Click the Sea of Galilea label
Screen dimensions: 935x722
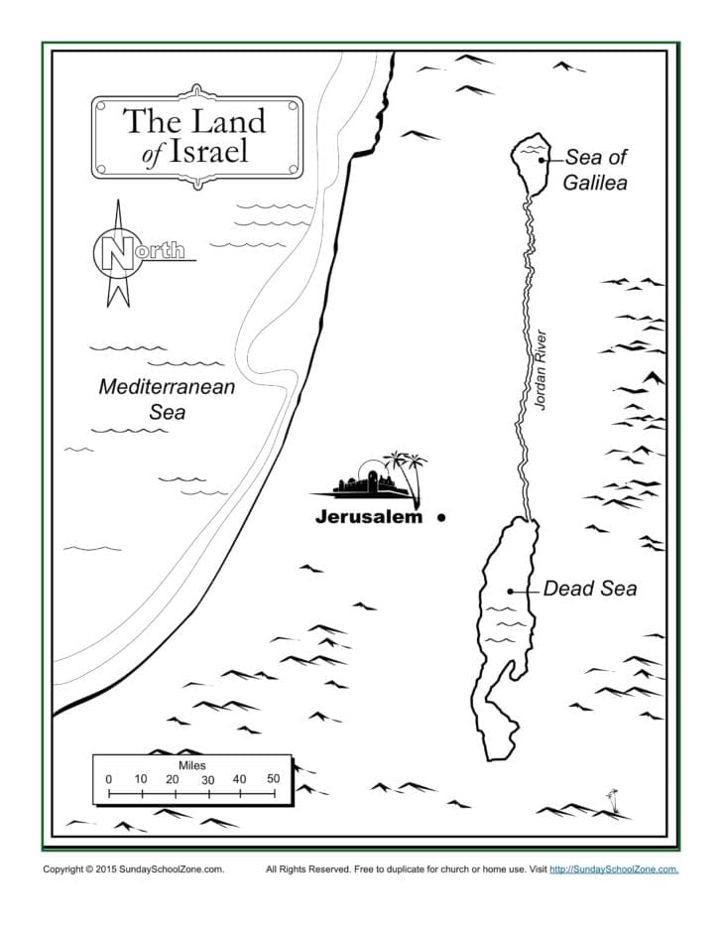(x=595, y=169)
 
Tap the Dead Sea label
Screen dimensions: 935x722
(x=589, y=589)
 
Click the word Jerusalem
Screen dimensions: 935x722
(x=368, y=517)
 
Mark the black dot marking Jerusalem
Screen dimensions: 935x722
(x=440, y=517)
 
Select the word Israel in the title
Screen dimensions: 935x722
(x=209, y=152)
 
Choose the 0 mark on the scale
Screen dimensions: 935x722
(x=109, y=779)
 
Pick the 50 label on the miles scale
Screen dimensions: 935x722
(x=273, y=779)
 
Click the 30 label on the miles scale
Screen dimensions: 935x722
(x=207, y=780)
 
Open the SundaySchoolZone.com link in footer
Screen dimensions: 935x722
(x=614, y=869)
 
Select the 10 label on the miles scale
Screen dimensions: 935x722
(x=141, y=779)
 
